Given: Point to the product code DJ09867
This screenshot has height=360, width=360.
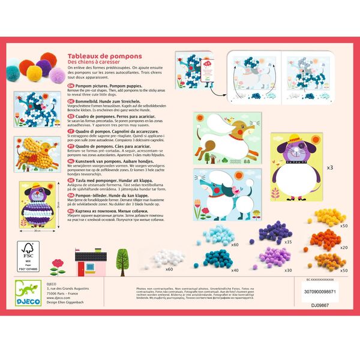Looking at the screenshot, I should point(322,304).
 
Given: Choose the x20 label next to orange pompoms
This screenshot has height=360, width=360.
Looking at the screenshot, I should point(344,247).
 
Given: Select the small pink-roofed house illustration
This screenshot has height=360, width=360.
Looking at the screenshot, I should point(96,262).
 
